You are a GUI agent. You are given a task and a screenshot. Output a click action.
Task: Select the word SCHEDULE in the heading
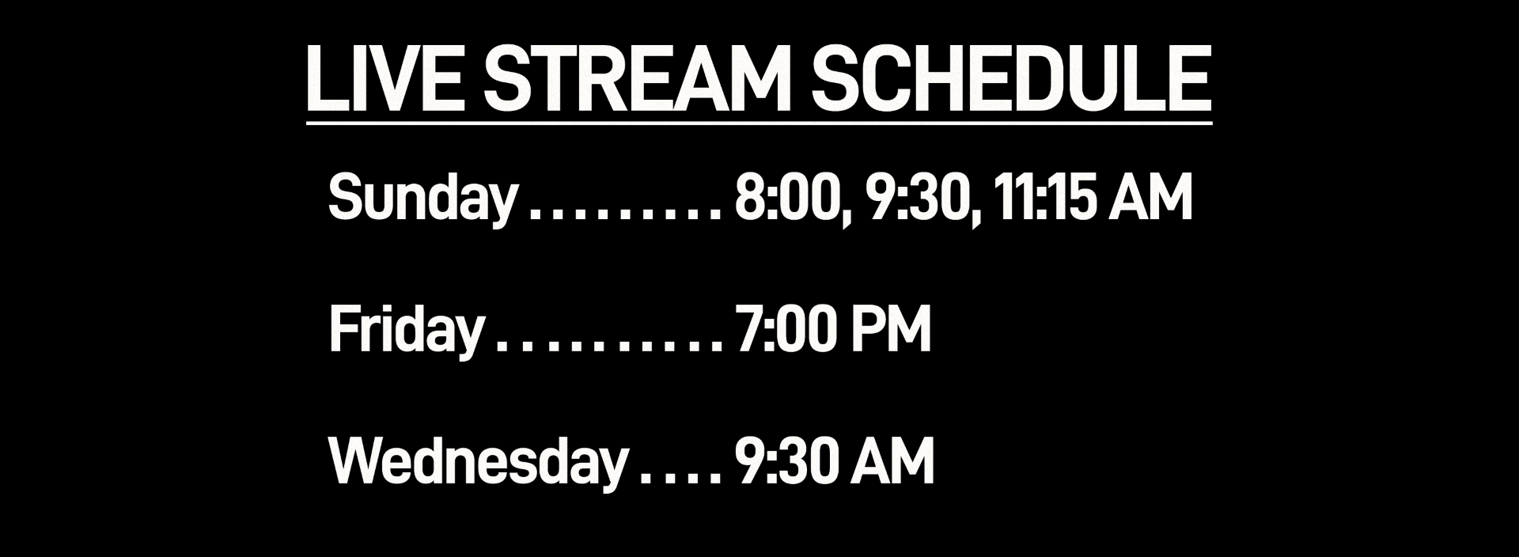[x=1010, y=79]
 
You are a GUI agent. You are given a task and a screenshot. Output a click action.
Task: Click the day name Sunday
[x=422, y=198]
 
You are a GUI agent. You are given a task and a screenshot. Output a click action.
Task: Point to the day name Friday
[x=405, y=330]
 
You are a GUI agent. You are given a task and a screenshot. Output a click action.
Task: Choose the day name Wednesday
[x=477, y=462]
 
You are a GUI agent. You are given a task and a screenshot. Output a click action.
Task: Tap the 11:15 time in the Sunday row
[x=1044, y=198]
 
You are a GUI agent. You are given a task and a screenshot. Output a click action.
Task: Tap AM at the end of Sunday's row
[x=1150, y=198]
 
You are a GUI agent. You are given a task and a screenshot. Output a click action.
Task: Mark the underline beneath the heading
[x=759, y=123]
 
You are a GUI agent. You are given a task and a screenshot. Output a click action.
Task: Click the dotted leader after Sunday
[x=625, y=214]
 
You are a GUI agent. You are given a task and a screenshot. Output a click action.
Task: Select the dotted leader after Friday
[x=608, y=347]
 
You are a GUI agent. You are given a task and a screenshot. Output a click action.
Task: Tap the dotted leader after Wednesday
[x=680, y=479]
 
